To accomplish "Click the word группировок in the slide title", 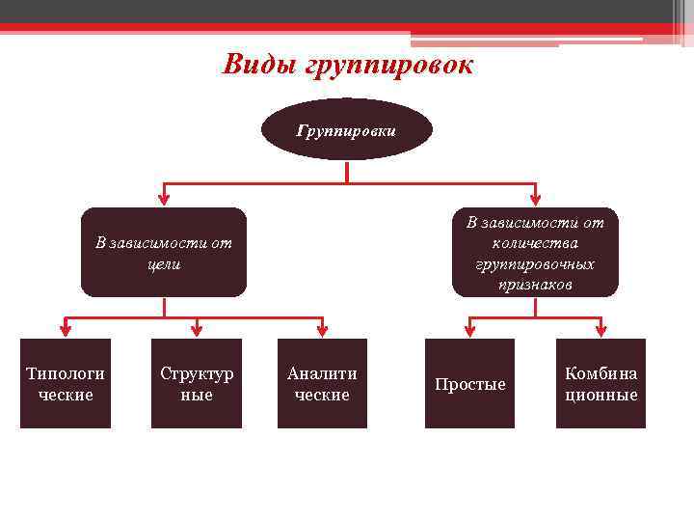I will (389, 66).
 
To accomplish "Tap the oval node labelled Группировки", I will (347, 129).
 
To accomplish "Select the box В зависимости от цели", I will (164, 252).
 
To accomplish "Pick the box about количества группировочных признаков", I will (535, 252).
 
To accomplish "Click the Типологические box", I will (66, 383).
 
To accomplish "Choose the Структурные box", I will (197, 383).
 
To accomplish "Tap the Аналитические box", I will (322, 383).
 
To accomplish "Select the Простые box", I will (470, 383).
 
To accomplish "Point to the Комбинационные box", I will (601, 383).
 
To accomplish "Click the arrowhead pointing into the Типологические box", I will (66, 329).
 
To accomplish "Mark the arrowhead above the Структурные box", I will (197, 329).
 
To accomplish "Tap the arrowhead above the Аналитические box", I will (322, 329).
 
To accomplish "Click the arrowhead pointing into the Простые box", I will (470, 329).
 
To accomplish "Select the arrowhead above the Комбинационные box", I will (601, 329).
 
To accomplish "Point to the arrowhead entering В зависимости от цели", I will (164, 198).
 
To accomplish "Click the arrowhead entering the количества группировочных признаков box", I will (535, 198).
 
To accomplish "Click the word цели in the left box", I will (164, 262).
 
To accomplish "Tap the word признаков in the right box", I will (535, 285).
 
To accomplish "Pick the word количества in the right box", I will (535, 243).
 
